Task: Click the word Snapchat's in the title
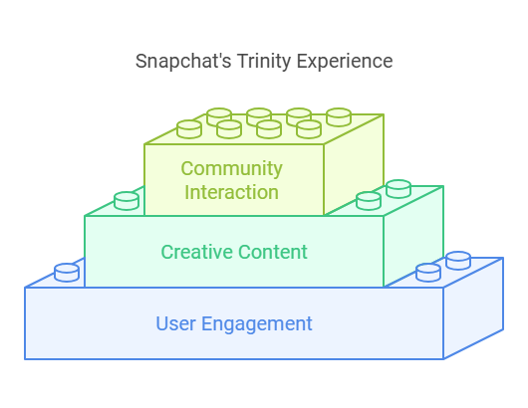(x=183, y=61)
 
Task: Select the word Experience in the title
(x=345, y=62)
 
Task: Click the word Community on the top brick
(x=232, y=169)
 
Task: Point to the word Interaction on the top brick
(x=232, y=192)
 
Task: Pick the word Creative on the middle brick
(x=197, y=252)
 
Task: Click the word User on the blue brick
(x=175, y=323)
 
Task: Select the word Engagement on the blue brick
(x=257, y=324)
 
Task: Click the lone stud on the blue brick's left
(x=67, y=273)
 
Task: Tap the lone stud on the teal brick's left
(x=127, y=201)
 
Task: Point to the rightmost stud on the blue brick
(x=458, y=261)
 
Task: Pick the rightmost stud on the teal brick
(x=398, y=189)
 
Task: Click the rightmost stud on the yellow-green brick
(x=339, y=117)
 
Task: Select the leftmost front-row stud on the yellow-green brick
(x=189, y=129)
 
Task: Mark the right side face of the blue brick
(x=473, y=307)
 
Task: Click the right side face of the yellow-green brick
(x=354, y=163)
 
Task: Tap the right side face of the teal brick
(x=413, y=236)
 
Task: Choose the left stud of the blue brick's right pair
(x=428, y=273)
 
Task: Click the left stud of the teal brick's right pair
(x=369, y=201)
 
